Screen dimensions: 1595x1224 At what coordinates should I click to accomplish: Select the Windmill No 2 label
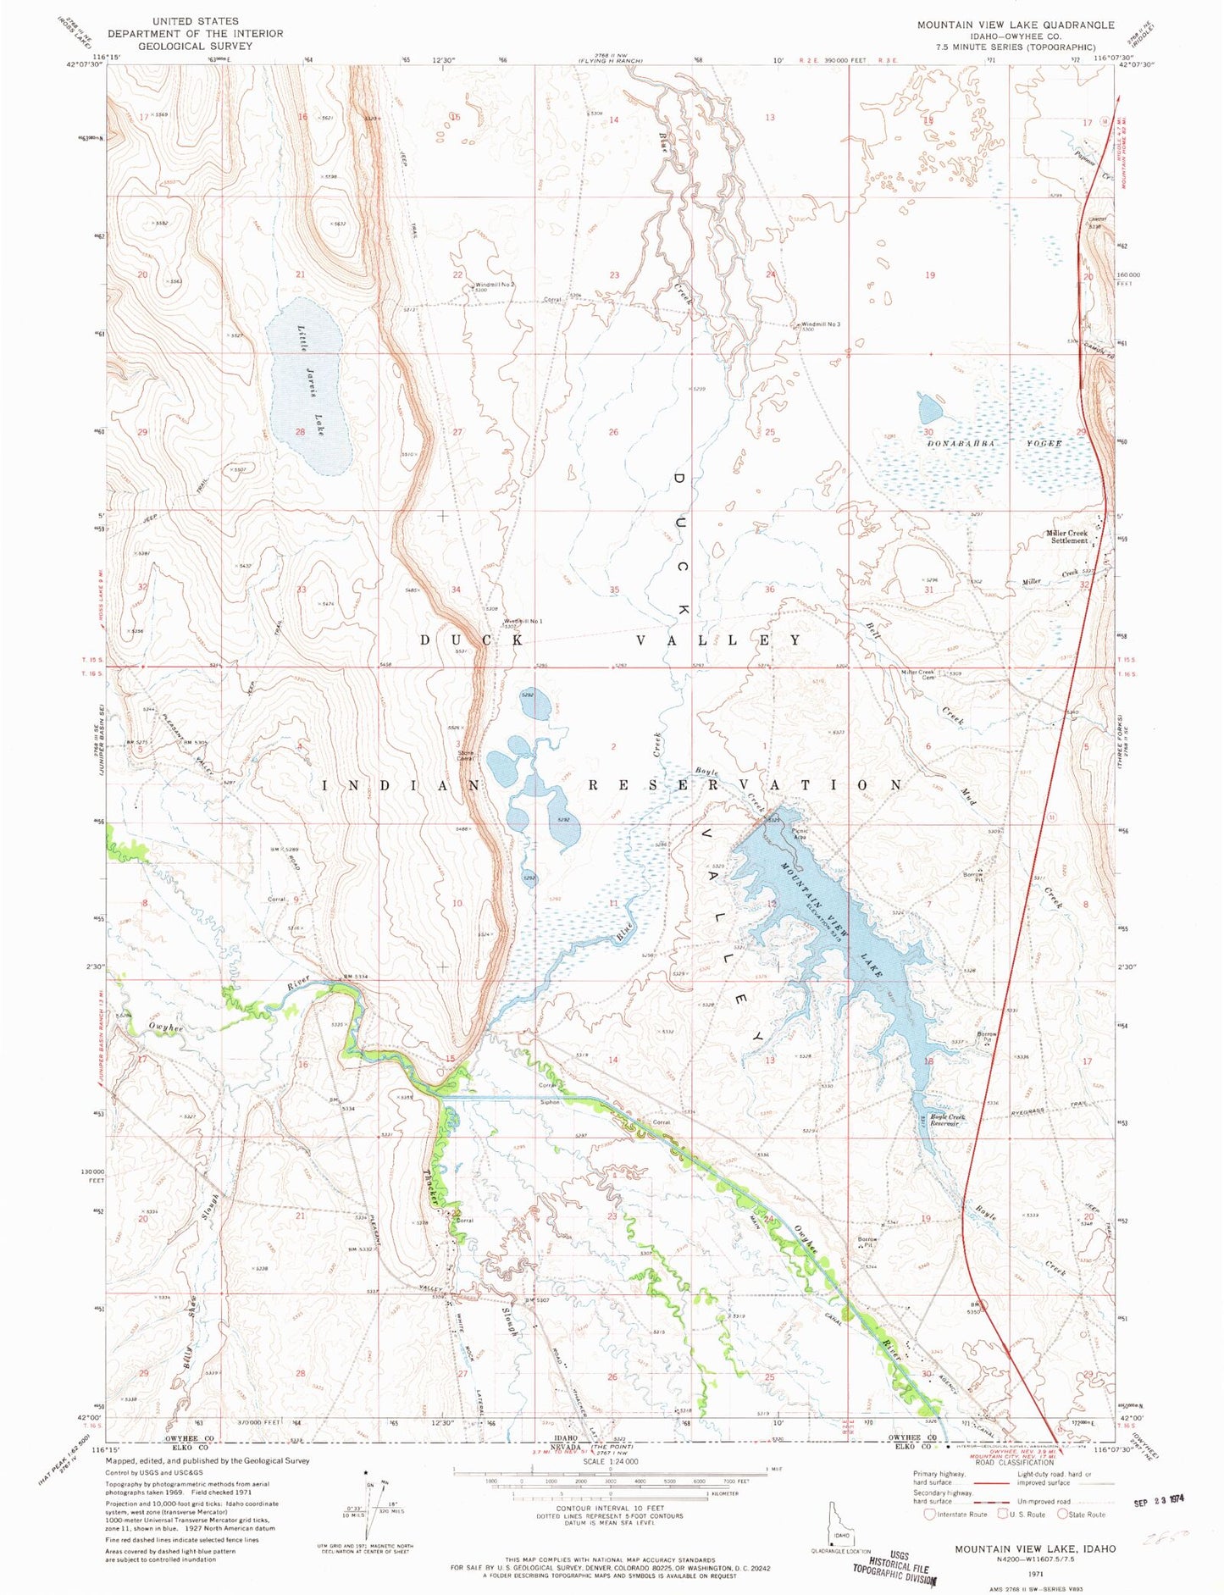click(x=495, y=285)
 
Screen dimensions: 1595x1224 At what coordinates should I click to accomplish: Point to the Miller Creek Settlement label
click(x=1068, y=536)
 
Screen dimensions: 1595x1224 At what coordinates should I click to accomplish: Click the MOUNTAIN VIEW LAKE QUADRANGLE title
click(x=1015, y=25)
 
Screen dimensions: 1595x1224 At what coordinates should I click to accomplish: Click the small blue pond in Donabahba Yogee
click(x=930, y=410)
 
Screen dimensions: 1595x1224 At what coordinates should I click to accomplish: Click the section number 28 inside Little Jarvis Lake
click(x=300, y=432)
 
